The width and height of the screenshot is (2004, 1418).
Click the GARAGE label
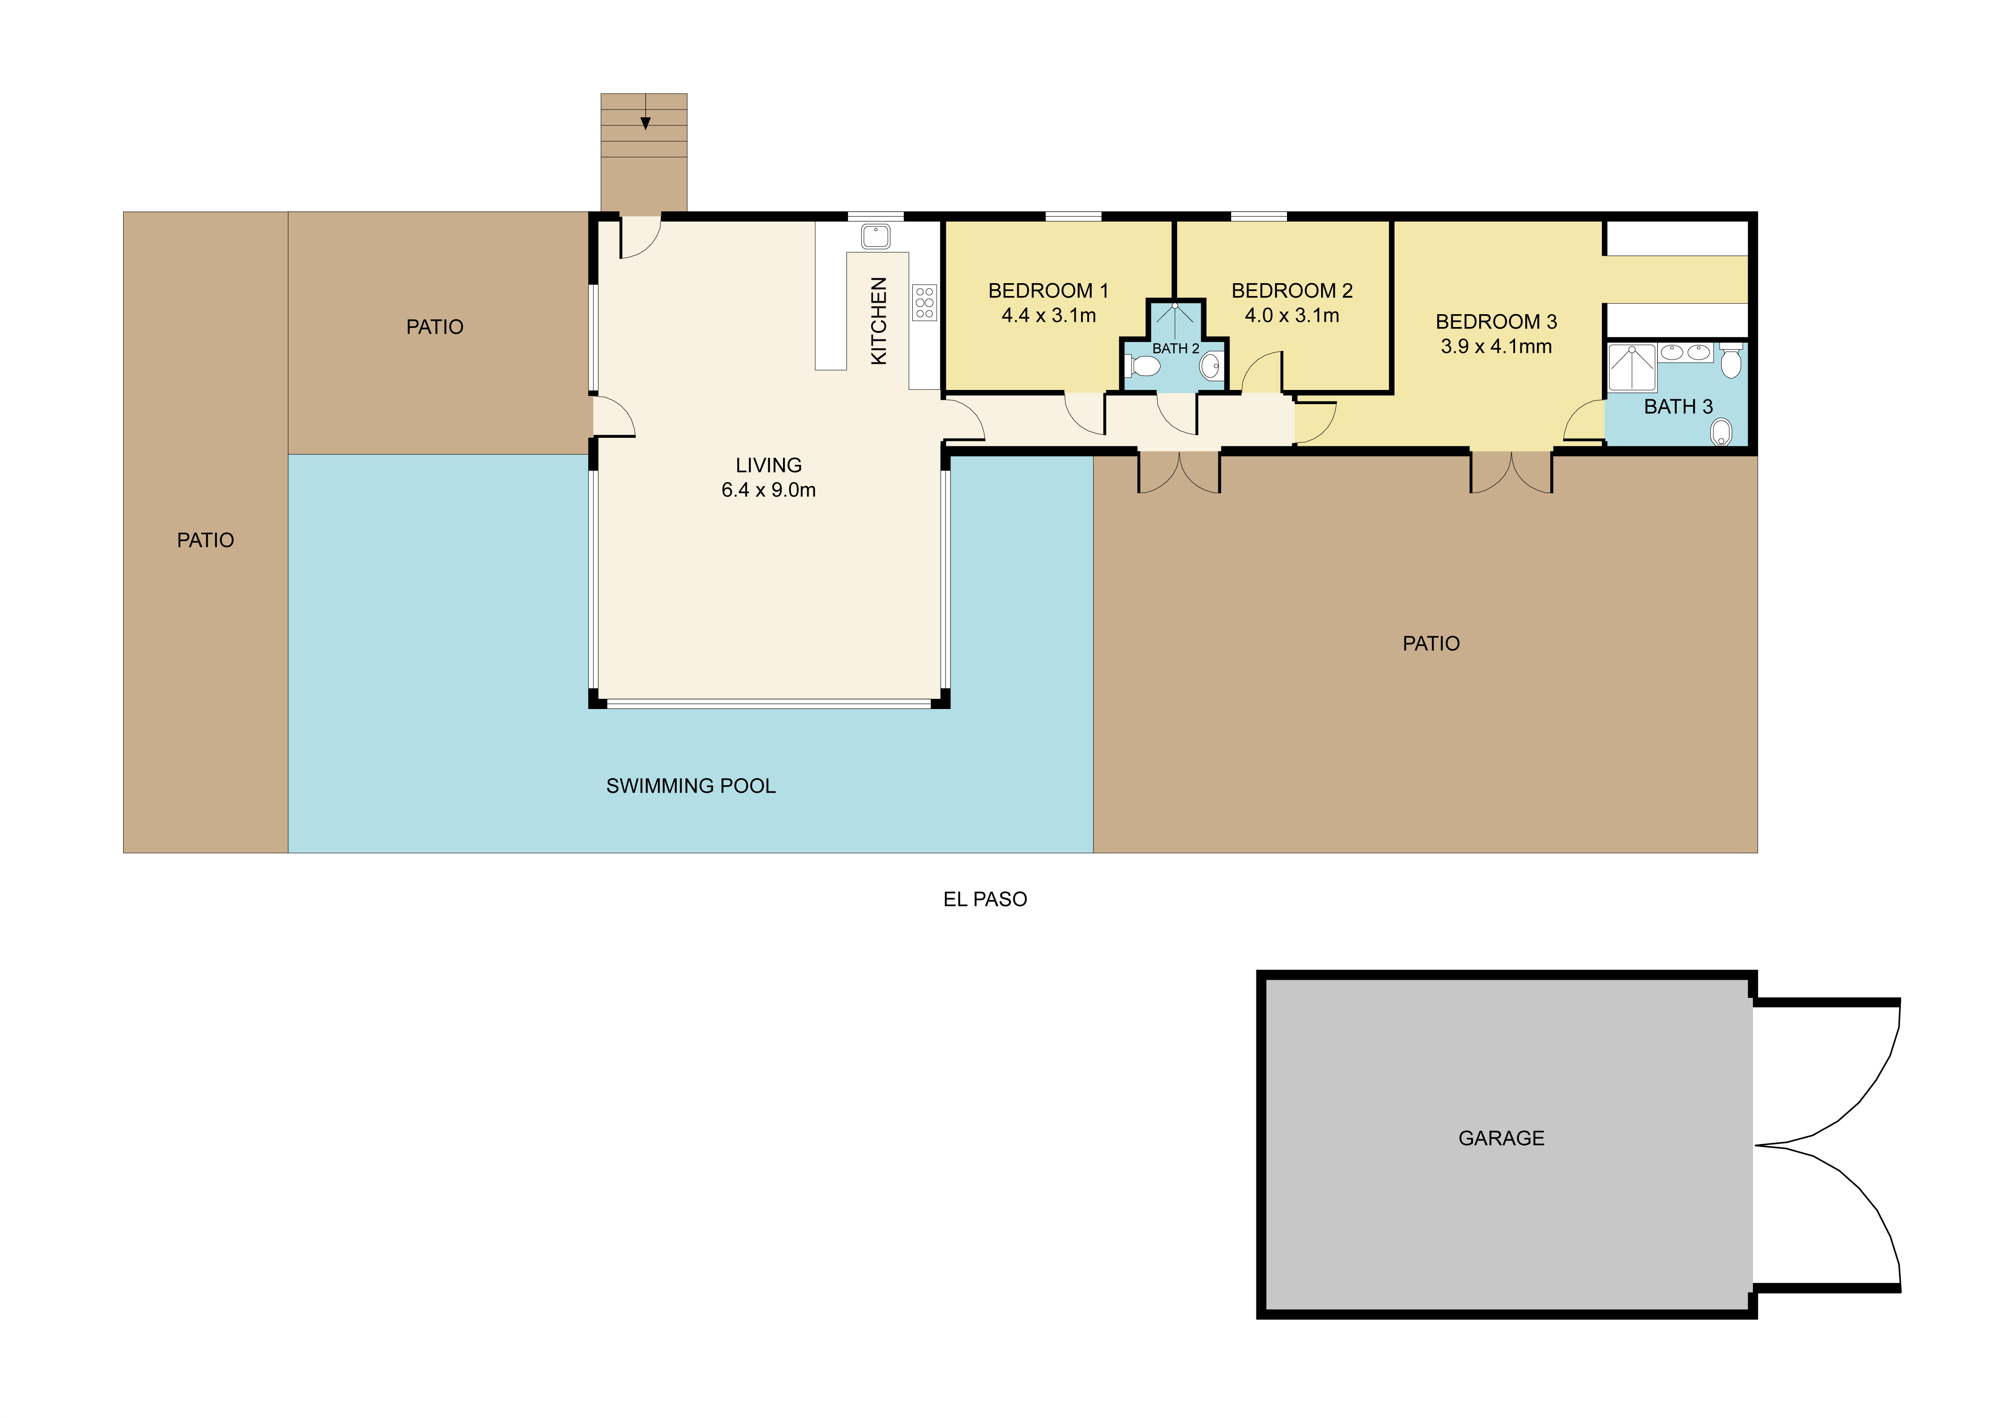click(x=1501, y=1138)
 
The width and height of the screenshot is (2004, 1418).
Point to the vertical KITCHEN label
click(x=879, y=320)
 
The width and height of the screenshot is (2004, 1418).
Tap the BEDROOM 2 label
click(x=1292, y=291)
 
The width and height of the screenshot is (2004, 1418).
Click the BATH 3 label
click(x=1678, y=407)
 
